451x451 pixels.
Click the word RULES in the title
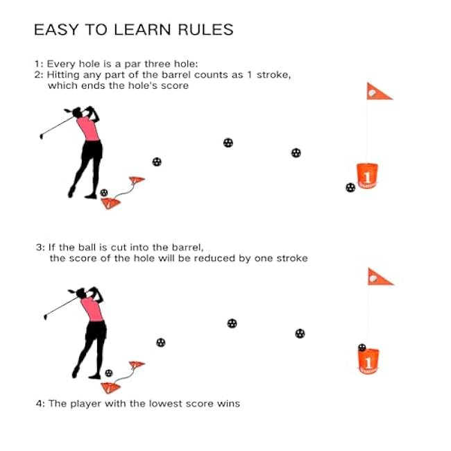pyautogui.click(x=205, y=30)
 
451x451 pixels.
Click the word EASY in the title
pyautogui.click(x=56, y=30)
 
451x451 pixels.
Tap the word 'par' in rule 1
pyautogui.click(x=133, y=64)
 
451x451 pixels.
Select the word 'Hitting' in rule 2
pyautogui.click(x=63, y=75)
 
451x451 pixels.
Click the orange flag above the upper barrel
pyautogui.click(x=379, y=92)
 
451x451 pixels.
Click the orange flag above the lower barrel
pyautogui.click(x=380, y=278)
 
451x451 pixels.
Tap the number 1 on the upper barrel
pyautogui.click(x=367, y=178)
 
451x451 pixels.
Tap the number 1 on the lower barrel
pyautogui.click(x=368, y=363)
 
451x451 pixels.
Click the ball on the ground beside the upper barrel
pyautogui.click(x=350, y=187)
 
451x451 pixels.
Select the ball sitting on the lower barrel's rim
pyautogui.click(x=361, y=347)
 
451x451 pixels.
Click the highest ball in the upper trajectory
pyautogui.click(x=228, y=143)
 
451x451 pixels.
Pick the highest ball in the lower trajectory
pyautogui.click(x=232, y=323)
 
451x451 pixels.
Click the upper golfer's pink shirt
pyautogui.click(x=88, y=128)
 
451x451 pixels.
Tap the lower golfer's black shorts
pyautogui.click(x=96, y=330)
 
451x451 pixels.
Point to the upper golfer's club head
pyautogui.click(x=42, y=136)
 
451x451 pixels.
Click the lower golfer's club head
pyautogui.click(x=45, y=316)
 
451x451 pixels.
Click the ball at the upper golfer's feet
pyautogui.click(x=104, y=192)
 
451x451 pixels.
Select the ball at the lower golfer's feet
pyautogui.click(x=109, y=373)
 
